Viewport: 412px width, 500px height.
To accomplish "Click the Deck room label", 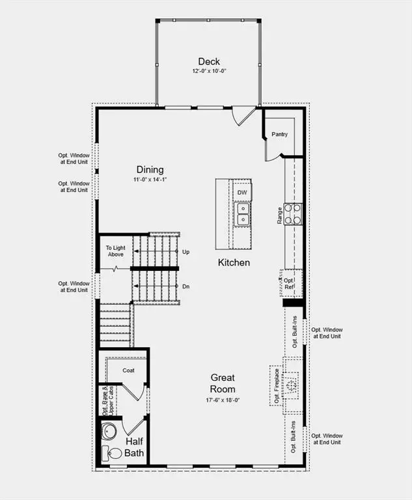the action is point(209,61).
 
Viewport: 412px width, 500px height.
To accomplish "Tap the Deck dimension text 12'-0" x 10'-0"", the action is point(209,71).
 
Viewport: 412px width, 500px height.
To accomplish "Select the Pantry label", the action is point(279,134).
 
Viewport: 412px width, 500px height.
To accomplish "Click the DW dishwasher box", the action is point(242,192).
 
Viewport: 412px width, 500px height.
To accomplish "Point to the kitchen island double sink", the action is point(243,214).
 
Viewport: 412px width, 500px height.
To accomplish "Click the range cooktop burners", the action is point(293,214).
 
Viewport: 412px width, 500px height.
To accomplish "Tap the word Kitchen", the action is point(234,262).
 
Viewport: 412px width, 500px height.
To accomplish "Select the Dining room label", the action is point(150,169).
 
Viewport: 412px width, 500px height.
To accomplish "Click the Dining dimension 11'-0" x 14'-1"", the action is point(150,180).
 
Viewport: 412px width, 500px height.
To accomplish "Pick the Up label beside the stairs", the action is point(185,252).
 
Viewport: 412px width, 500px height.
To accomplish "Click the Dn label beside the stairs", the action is point(185,286).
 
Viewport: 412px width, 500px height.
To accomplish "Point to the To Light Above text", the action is point(115,251).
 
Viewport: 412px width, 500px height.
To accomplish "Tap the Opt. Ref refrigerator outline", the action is point(291,283).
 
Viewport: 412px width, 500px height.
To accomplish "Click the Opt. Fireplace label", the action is point(277,386).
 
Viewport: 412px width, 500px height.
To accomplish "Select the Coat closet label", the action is point(128,370).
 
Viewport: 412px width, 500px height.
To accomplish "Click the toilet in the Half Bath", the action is point(112,453).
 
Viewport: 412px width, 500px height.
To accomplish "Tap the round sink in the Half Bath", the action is point(109,432).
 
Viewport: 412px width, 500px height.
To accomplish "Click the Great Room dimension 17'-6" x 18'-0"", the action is point(223,400).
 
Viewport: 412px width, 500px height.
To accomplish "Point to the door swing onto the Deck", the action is point(243,116).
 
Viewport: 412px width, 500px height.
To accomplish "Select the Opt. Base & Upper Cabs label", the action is point(108,401).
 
